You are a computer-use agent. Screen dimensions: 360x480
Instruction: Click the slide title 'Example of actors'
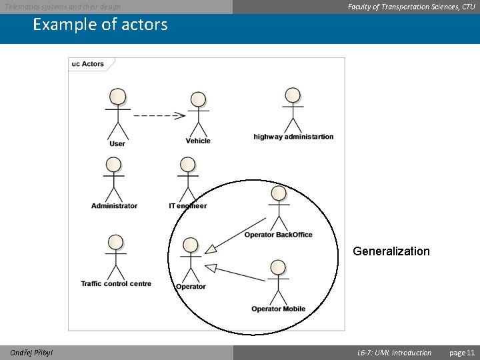click(100, 25)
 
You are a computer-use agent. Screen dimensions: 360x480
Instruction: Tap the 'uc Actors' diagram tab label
click(88, 64)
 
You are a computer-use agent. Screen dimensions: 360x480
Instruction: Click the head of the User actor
click(118, 96)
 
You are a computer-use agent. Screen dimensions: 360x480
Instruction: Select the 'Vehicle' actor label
click(198, 141)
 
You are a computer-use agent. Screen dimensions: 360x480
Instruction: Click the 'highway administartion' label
click(293, 137)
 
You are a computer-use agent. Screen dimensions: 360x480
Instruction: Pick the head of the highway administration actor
click(292, 95)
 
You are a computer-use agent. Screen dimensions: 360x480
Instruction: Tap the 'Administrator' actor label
click(114, 205)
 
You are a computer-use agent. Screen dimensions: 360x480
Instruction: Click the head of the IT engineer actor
click(188, 165)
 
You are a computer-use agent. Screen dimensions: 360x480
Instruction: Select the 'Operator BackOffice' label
click(278, 235)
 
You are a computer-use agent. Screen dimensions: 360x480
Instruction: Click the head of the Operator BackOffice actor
click(279, 193)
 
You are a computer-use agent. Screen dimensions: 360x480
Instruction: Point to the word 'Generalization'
click(391, 251)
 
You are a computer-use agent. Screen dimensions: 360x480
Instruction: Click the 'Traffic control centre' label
click(116, 283)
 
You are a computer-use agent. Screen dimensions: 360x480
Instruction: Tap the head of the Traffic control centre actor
click(116, 242)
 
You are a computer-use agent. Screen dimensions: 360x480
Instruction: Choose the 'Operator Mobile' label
click(278, 309)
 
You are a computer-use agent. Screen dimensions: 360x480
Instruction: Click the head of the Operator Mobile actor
click(278, 268)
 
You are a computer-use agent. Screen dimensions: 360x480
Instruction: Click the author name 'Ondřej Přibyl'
click(32, 353)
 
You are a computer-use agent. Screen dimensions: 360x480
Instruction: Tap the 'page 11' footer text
click(462, 353)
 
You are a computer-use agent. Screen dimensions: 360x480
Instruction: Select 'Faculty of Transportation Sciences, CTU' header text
click(411, 7)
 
